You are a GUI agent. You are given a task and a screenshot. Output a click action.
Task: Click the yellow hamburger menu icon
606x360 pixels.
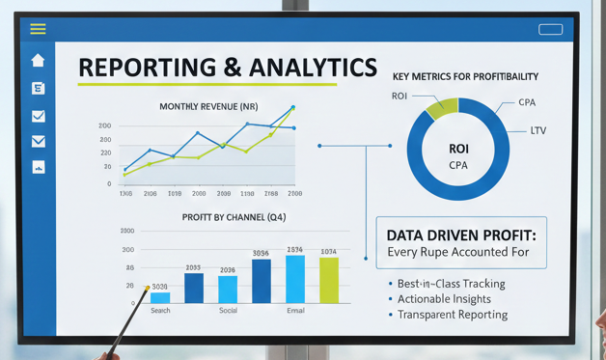click(x=38, y=29)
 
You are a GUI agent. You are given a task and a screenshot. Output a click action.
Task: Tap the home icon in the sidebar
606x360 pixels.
click(x=38, y=61)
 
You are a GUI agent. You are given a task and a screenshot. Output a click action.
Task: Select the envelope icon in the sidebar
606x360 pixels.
click(x=39, y=142)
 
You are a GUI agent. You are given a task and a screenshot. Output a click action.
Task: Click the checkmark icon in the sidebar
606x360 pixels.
click(x=39, y=116)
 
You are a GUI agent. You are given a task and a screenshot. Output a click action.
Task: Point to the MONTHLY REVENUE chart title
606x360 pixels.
click(x=207, y=106)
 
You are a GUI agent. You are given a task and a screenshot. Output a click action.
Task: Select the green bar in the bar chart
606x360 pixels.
click(x=329, y=280)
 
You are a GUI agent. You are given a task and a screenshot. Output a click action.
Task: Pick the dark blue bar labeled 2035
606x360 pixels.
click(x=194, y=288)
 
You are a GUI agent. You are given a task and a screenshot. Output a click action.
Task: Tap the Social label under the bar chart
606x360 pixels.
click(x=228, y=311)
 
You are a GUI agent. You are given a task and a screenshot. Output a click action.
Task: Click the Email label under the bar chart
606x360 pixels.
click(x=295, y=311)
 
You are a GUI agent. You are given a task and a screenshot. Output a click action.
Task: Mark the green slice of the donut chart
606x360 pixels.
click(x=441, y=107)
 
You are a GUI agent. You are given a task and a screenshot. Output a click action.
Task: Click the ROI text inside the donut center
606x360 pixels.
click(x=458, y=150)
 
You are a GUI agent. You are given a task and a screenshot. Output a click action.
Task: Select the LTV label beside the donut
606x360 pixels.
click(x=537, y=130)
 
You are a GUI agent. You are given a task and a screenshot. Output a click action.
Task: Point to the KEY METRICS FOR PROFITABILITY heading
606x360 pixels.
click(x=465, y=76)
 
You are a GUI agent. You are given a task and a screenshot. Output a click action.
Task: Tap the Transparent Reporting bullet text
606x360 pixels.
click(x=453, y=315)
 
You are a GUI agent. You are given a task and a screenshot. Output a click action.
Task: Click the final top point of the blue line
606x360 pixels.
click(x=293, y=108)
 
